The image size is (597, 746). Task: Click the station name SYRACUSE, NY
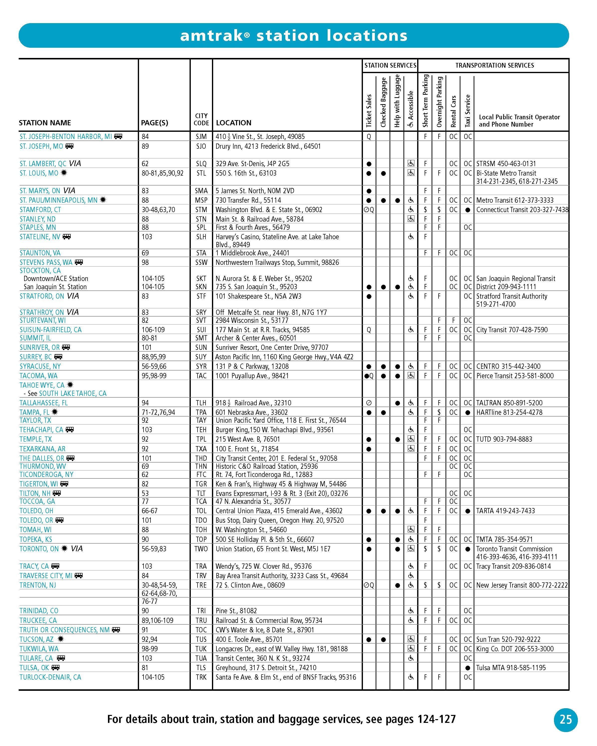point(40,366)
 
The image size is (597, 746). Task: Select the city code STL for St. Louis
point(201,173)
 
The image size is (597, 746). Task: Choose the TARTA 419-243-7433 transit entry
point(505,511)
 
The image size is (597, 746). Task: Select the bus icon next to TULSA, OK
point(55,667)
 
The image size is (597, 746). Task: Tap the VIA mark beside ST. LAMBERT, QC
point(75,163)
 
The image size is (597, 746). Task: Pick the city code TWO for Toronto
point(201,549)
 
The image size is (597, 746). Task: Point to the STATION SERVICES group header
point(390,65)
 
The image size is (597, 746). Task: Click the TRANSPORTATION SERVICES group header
point(494,65)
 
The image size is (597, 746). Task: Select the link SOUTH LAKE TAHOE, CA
point(73,393)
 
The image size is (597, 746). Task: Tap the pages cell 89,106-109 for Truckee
point(157,620)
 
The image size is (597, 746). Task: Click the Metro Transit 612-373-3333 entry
point(515,200)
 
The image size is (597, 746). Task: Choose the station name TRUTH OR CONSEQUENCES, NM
point(64,630)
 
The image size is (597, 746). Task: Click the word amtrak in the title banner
point(212,36)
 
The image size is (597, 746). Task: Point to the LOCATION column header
point(234,123)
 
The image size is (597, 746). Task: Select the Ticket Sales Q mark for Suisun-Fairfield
point(369,330)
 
